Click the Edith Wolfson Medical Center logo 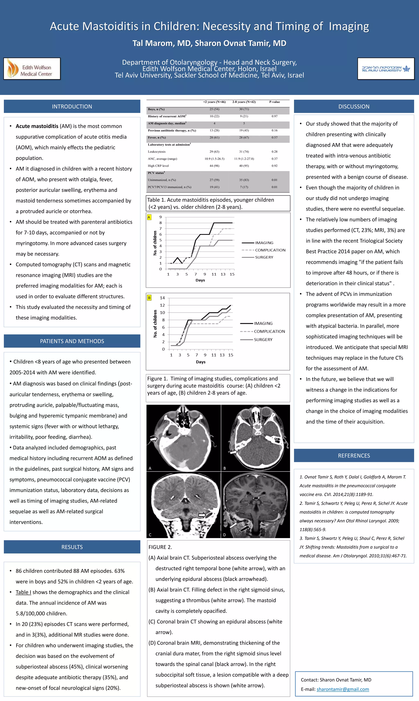point(32,69)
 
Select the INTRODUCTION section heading point(72,106)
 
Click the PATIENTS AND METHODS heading point(72,341)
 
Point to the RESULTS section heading point(72,547)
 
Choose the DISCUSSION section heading point(354,106)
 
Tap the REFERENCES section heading point(354,455)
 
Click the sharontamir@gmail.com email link point(342,689)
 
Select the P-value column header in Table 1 point(274,102)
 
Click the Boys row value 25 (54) point(214,109)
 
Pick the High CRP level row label point(158,166)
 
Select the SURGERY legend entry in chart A point(264,257)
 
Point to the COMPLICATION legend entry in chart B point(269,331)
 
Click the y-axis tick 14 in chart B point(162,298)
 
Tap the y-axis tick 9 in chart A point(161,217)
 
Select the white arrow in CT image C point(202,515)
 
